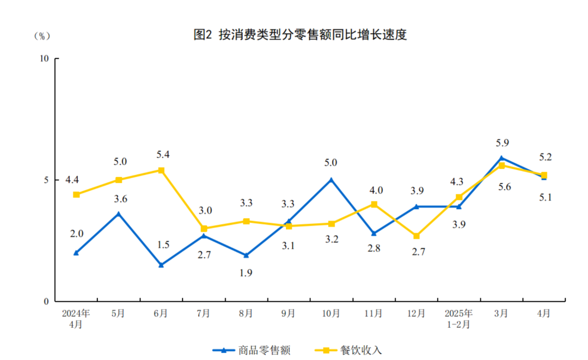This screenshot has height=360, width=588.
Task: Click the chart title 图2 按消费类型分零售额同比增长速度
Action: [x=300, y=35]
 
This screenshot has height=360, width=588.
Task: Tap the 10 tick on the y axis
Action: [x=45, y=58]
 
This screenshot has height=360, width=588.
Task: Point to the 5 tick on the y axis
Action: [x=47, y=180]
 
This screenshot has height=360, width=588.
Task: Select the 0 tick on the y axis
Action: [x=47, y=301]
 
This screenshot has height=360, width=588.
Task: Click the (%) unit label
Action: [x=42, y=36]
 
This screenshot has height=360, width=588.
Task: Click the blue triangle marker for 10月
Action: [x=331, y=180]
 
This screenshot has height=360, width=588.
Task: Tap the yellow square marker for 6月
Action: [x=161, y=170]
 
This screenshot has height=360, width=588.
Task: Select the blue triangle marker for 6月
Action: [x=161, y=265]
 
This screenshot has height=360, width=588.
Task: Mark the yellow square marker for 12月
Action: [x=416, y=236]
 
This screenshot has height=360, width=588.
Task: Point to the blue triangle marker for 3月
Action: [x=501, y=158]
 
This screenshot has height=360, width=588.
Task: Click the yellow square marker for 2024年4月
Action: [x=76, y=194]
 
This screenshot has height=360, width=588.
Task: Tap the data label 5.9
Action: [x=501, y=143]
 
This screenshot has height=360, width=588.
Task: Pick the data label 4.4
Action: [x=72, y=180]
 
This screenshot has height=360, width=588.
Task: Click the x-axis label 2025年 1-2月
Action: [x=459, y=319]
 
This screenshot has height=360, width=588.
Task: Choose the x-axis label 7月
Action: [x=204, y=314]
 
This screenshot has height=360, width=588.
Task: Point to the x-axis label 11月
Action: [x=374, y=314]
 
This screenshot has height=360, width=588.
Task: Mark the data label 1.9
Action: [x=246, y=273]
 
